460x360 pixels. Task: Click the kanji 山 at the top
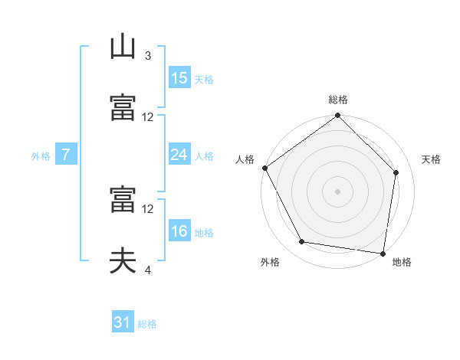click(123, 47)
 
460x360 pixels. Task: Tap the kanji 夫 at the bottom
click(123, 260)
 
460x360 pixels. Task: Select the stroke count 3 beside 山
click(148, 56)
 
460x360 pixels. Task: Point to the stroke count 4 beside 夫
click(148, 270)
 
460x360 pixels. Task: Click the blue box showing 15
click(180, 77)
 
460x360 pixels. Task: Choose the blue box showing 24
click(180, 154)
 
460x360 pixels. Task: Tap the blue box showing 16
click(180, 230)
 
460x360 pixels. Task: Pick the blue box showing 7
click(66, 154)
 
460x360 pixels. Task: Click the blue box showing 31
click(123, 321)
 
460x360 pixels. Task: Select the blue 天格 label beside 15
click(204, 80)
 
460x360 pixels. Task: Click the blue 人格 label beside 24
click(204, 156)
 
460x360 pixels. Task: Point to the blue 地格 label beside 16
click(204, 233)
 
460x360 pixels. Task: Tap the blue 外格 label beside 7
click(41, 156)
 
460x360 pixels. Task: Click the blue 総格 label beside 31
click(147, 324)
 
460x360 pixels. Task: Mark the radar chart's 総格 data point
click(337, 115)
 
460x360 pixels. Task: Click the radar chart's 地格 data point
click(383, 254)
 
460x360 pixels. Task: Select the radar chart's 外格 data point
click(302, 241)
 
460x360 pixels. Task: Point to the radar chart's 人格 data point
click(265, 168)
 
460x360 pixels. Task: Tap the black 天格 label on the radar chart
click(431, 159)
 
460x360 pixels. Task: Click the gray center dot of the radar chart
click(337, 191)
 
